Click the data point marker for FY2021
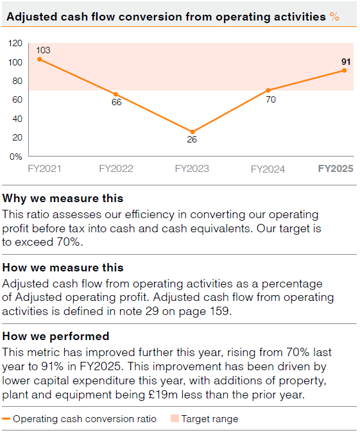(40, 59)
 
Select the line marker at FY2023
(193, 132)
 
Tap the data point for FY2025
(344, 71)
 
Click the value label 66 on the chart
(116, 103)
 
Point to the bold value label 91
(346, 62)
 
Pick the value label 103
(43, 50)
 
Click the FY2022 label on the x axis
(116, 169)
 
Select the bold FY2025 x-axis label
(336, 169)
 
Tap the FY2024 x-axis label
(268, 169)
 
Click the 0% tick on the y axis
(16, 156)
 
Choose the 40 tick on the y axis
(17, 119)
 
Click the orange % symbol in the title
(334, 17)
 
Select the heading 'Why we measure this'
(63, 198)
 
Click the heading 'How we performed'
(56, 336)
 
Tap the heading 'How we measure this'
(63, 268)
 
